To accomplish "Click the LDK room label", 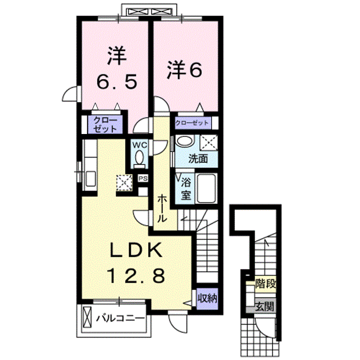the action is tap(136, 250).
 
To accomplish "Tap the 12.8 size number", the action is tap(136, 275).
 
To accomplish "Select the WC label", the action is tap(139, 145).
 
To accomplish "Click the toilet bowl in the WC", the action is tap(139, 157).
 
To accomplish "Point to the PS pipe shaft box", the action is tap(143, 178).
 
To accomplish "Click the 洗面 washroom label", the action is tap(198, 158).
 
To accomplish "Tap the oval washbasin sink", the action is tap(185, 140).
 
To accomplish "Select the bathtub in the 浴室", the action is tap(206, 188).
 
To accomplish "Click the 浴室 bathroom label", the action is tap(186, 188).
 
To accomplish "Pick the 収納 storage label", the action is tap(207, 298).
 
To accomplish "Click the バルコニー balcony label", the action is tap(120, 318).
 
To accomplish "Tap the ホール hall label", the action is tap(162, 208).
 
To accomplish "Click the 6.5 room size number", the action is tap(116, 82).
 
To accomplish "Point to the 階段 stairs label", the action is tap(265, 284).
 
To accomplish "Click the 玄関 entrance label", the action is tap(265, 306).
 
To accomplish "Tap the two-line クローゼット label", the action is tap(105, 124).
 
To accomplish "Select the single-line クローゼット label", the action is tap(192, 123).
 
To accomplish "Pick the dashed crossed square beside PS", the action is tap(124, 182).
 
